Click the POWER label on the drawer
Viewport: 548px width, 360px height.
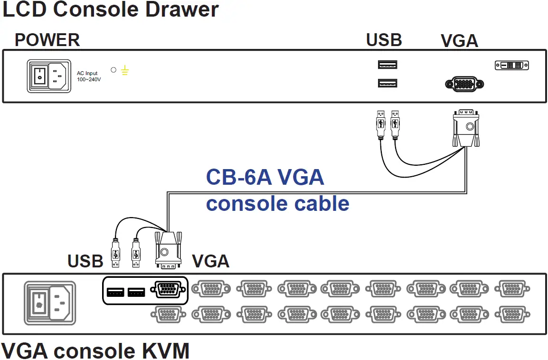(x=47, y=40)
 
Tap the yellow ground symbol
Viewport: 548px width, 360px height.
(x=124, y=71)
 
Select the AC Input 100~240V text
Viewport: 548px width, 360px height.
(x=89, y=76)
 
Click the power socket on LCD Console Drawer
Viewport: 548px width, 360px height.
(x=48, y=75)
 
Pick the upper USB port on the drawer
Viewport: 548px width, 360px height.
(x=387, y=65)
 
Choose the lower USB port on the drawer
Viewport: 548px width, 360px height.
(x=387, y=84)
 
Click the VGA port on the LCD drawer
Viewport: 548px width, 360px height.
(x=464, y=85)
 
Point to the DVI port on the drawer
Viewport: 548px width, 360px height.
(x=511, y=65)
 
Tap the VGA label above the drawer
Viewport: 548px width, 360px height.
(x=459, y=41)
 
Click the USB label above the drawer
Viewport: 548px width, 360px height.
(x=384, y=40)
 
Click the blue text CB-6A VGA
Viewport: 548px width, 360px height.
(x=265, y=178)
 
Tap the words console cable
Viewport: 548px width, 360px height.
(x=277, y=203)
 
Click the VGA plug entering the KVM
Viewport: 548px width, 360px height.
(x=168, y=249)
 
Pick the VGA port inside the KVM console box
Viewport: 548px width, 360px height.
(x=168, y=289)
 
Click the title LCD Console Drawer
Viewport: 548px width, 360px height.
(x=110, y=9)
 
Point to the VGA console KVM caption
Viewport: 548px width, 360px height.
(x=95, y=351)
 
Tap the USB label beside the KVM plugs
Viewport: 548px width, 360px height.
(x=85, y=261)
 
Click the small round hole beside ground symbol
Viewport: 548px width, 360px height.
(x=113, y=70)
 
